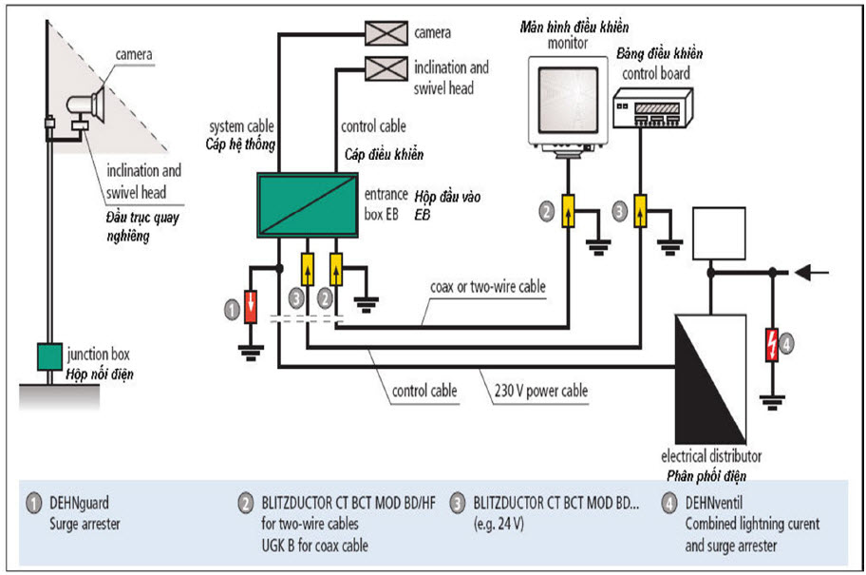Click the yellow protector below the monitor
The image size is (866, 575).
566,211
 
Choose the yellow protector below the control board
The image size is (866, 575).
642,211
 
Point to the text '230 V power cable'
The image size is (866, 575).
542,390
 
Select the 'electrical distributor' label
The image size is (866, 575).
711,456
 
